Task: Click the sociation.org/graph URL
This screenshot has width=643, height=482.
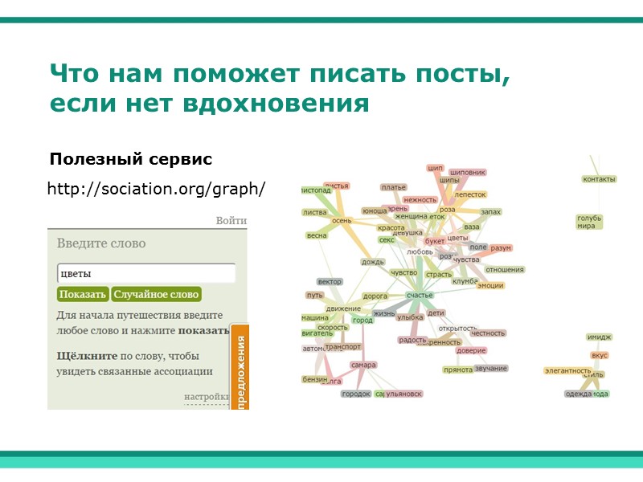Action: tap(156, 190)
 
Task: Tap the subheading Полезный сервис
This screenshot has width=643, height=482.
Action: tap(130, 159)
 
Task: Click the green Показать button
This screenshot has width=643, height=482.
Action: tap(83, 295)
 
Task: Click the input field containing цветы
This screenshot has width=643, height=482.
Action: tap(145, 273)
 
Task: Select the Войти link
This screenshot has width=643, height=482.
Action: tap(231, 221)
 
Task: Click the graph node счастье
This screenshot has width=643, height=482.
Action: tap(420, 296)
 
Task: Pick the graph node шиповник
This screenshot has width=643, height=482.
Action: tap(468, 172)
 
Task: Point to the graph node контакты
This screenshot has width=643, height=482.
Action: tap(599, 179)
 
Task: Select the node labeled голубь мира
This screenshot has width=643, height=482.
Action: tap(589, 222)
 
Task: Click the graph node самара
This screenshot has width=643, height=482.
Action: tap(363, 365)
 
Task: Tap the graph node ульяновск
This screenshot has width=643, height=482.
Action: tap(403, 394)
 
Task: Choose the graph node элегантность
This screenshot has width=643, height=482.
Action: tap(567, 370)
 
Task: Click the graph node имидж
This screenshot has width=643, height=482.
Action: tap(599, 337)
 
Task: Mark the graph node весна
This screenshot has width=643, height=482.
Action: tap(317, 236)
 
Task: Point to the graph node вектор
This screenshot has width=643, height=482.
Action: tap(330, 282)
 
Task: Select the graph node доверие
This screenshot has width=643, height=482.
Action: tap(470, 350)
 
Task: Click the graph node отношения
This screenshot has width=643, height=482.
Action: tap(504, 270)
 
